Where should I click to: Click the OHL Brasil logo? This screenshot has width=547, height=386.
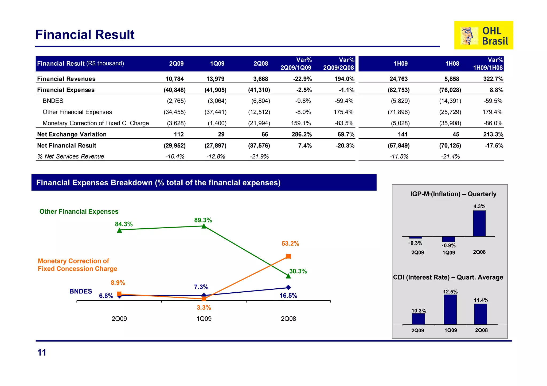(483, 35)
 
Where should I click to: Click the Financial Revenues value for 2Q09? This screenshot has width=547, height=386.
(174, 79)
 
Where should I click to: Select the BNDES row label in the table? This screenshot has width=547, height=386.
(53, 101)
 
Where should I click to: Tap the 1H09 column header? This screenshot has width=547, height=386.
(401, 63)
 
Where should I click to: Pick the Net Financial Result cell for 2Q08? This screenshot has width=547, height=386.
(259, 146)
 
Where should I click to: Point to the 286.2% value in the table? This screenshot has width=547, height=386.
(302, 134)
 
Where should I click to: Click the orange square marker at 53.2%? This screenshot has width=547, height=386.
(288, 256)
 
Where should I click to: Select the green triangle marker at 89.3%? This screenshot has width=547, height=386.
(204, 226)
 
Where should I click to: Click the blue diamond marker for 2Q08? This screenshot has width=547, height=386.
(288, 287)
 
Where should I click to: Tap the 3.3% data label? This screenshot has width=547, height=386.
(204, 308)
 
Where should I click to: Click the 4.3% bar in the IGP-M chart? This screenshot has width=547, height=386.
(479, 224)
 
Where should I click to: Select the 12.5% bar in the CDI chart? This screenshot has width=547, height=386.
(450, 309)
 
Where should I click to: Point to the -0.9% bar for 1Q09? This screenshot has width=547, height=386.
(448, 239)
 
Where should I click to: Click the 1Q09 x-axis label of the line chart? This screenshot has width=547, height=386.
(204, 319)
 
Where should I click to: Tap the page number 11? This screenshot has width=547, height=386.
(42, 353)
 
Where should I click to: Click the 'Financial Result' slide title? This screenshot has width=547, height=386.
(85, 35)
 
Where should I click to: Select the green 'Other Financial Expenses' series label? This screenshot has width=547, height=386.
(79, 212)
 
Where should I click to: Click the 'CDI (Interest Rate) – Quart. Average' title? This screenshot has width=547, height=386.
(448, 277)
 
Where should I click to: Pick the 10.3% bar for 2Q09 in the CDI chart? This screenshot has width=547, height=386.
(418, 319)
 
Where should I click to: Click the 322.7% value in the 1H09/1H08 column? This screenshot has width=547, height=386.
(493, 79)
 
